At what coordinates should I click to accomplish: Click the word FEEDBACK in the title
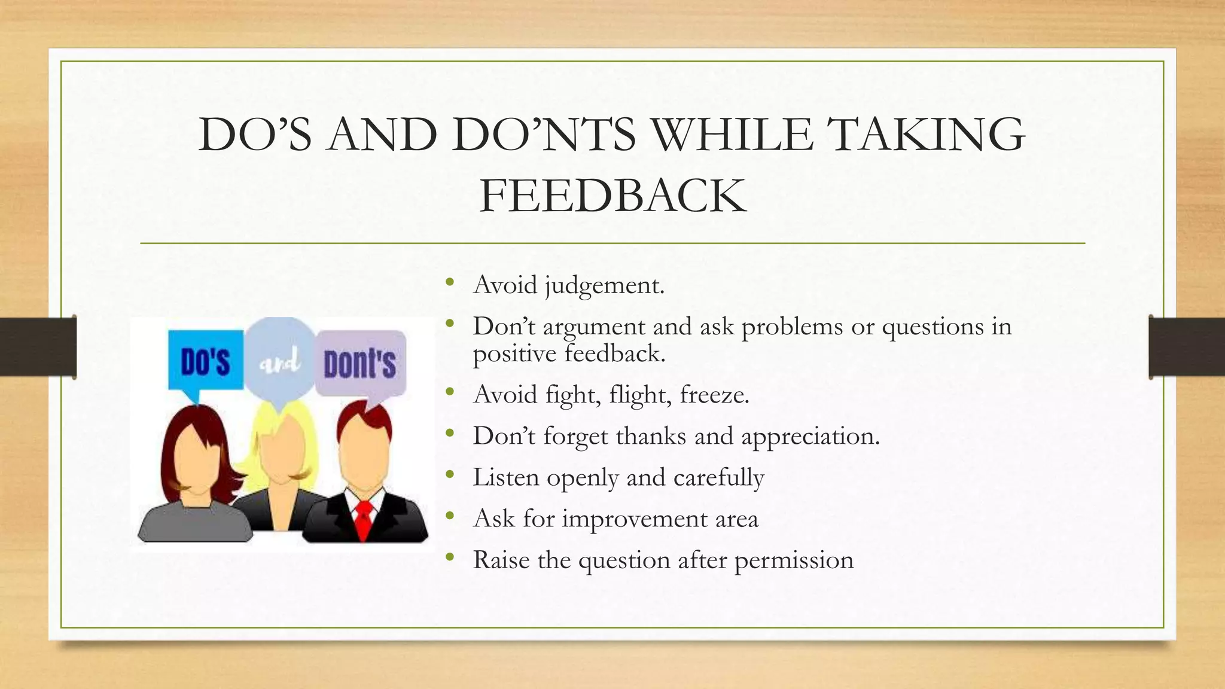point(612,196)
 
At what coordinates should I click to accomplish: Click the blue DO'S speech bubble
point(205,361)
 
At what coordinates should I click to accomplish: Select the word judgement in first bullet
point(604,285)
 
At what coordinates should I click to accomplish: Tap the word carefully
point(718,477)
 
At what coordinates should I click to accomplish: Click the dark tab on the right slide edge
point(1187,347)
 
